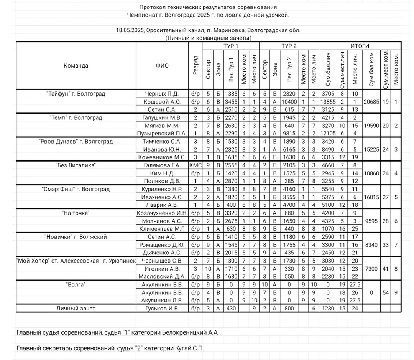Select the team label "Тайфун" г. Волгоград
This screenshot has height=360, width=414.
pos(76,94)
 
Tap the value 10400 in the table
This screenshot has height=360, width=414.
pos(289,102)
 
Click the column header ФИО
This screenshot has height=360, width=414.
pos(162,66)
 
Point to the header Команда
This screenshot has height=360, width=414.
pos(76,66)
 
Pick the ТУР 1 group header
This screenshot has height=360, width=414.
pos(231,46)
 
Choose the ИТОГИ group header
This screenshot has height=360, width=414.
pos(360,46)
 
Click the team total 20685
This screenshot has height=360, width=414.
pos(371,102)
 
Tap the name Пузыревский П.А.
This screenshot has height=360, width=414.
pos(162,134)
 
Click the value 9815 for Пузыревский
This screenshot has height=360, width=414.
pos(289,134)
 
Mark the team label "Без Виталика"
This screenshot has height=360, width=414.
pos(76,165)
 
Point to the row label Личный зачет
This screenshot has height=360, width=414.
pos(76,308)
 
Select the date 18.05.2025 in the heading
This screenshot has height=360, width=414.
pos(130,30)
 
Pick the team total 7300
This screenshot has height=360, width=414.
pos(371,269)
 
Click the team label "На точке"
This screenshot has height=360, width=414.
pos(76,213)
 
